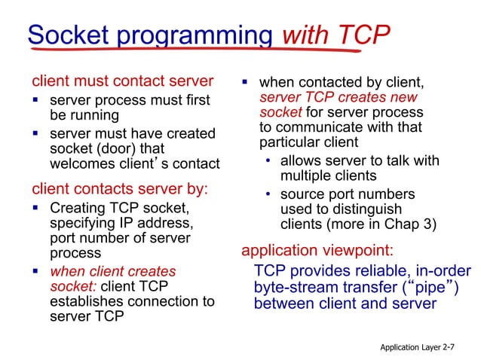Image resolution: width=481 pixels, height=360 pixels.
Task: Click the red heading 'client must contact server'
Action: [x=123, y=81]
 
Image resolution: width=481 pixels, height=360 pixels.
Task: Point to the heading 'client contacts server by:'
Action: [x=119, y=188]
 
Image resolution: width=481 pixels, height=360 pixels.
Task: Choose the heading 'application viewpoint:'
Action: [x=317, y=250]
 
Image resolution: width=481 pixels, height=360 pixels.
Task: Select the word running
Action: [x=94, y=115]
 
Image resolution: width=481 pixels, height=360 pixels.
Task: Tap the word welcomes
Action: [x=80, y=163]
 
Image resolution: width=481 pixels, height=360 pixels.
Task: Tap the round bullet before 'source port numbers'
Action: [x=268, y=194]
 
